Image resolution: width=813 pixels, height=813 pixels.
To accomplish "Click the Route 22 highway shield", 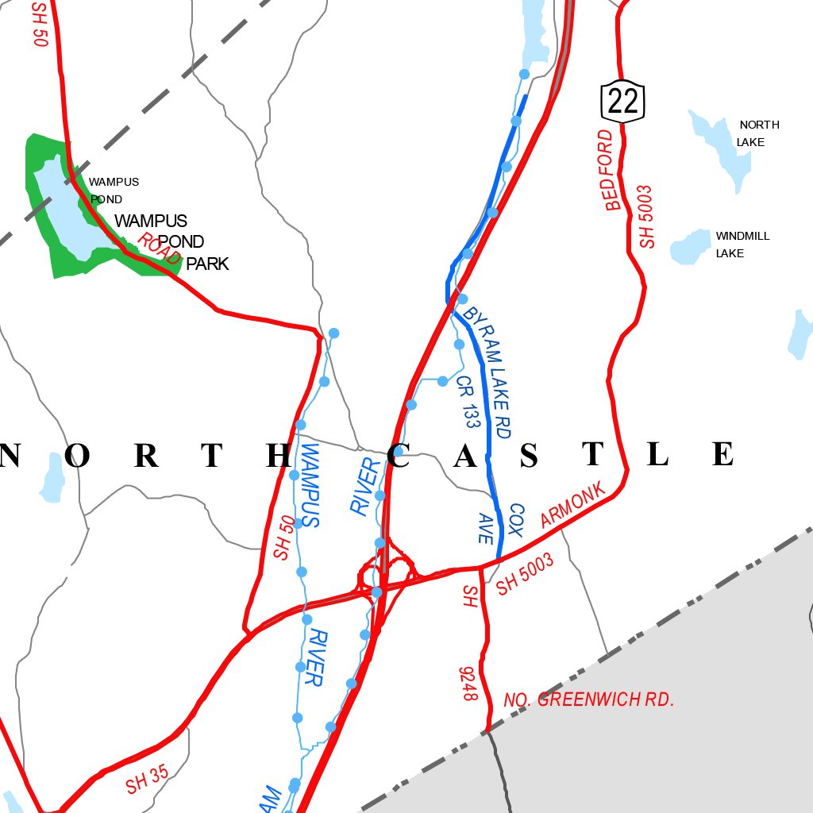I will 622,99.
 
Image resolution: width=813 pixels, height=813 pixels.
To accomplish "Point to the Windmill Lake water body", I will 689,247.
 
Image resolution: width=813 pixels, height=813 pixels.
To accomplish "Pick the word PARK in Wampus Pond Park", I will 207,264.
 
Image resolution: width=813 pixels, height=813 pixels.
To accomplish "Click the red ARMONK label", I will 572,505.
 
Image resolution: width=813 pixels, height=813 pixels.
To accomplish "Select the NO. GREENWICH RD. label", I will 588,700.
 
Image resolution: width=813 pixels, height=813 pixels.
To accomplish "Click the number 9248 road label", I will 468,684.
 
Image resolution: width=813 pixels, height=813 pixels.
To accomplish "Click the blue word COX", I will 517,520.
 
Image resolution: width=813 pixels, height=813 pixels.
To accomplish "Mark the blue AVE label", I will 486,528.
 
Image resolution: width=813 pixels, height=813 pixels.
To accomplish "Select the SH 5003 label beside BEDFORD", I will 647,217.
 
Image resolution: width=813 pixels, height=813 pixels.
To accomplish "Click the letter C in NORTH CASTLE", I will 400,456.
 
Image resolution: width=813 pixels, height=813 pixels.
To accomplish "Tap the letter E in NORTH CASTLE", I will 722,455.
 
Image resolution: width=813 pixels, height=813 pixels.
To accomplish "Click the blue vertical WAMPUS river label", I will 310,486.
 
